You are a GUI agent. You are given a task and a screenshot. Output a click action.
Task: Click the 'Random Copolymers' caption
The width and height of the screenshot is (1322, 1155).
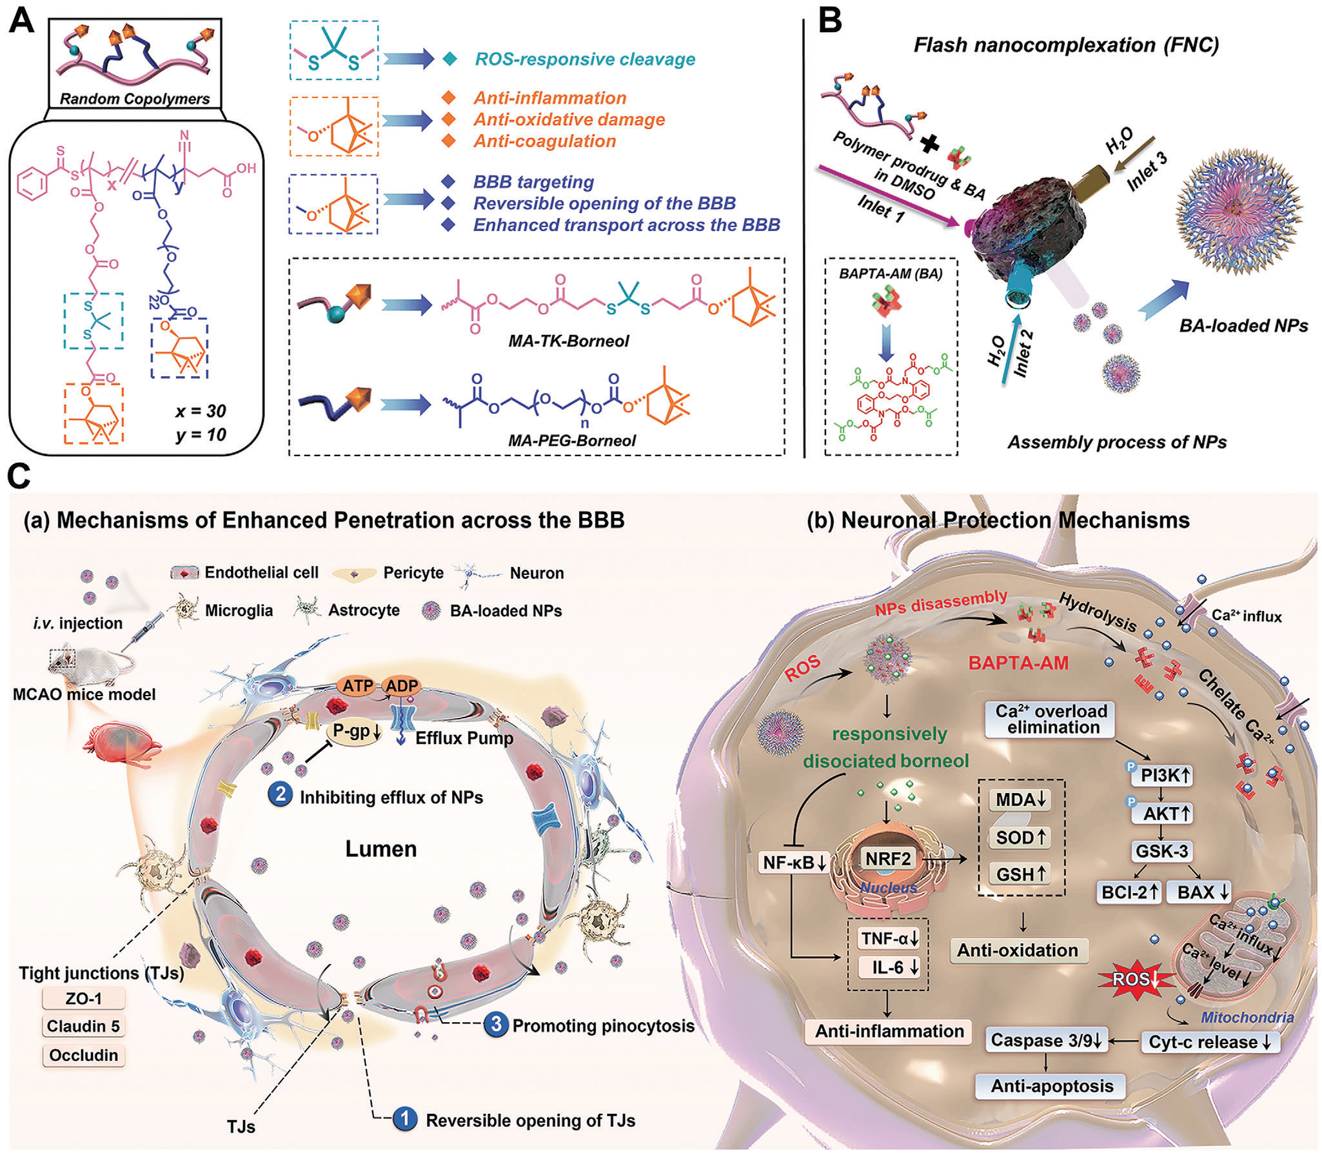point(135,99)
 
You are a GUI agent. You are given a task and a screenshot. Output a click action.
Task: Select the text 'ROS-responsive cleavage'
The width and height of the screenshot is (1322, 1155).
point(585,59)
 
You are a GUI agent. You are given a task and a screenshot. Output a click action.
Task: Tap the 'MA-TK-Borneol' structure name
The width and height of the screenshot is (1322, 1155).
point(568,341)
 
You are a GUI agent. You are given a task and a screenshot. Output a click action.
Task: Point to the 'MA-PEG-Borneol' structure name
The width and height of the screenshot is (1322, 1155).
point(571,441)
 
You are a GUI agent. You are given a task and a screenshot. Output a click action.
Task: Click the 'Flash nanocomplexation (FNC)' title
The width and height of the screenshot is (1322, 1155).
point(1066,45)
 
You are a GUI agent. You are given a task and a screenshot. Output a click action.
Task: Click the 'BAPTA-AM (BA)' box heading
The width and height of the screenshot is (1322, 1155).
point(891,274)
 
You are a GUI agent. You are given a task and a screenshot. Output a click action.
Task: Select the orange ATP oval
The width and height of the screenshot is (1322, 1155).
point(357,686)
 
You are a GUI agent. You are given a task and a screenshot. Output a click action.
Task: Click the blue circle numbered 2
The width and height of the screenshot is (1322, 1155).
point(281,794)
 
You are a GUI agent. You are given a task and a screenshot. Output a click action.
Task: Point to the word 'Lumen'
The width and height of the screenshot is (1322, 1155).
point(380,849)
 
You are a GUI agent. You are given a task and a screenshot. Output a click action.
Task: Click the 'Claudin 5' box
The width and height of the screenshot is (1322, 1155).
point(83,1026)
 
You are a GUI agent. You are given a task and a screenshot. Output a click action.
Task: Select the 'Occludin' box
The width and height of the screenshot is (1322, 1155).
point(83,1055)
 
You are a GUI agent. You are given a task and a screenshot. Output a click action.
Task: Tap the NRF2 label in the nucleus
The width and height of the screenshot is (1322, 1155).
point(888,859)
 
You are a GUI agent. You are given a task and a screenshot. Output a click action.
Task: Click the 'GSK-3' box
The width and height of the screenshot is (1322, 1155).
point(1161,851)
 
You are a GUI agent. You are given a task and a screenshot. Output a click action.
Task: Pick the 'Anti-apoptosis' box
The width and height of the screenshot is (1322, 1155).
point(1052,1086)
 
